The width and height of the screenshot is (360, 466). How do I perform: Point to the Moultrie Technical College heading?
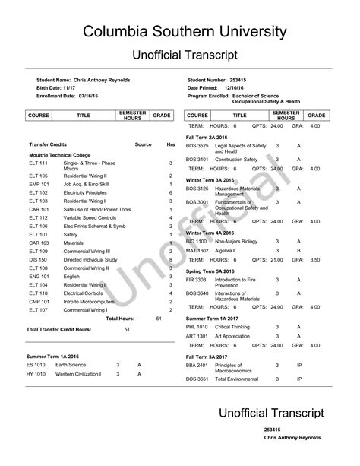coord(61,154)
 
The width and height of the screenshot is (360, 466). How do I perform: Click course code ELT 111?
coord(38,163)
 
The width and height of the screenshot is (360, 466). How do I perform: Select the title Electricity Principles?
coord(87,193)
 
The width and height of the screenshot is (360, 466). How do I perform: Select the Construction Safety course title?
coord(236,159)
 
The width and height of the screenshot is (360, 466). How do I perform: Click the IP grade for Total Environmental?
coord(299,379)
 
